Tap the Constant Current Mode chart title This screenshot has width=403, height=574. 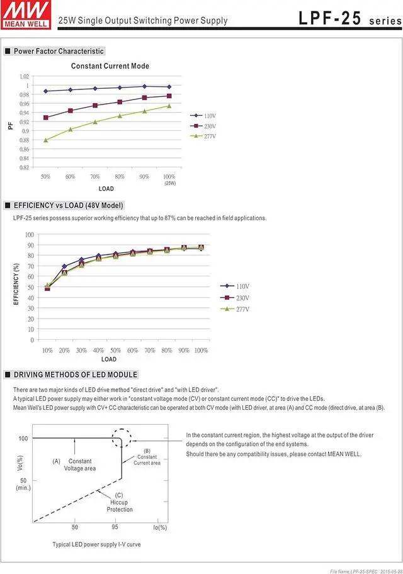pos(110,66)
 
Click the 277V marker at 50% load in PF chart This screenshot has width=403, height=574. pos(45,140)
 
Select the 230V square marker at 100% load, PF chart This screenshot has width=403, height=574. pos(169,96)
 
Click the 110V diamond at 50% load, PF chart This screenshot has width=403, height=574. pos(45,91)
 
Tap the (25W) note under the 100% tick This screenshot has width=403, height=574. pos(169,183)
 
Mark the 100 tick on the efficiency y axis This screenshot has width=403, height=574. pos(30,235)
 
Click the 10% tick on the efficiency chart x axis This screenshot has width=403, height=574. pos(47,350)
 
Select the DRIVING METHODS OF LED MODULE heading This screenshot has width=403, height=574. pos(75,374)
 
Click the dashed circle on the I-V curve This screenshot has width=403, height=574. pos(122,438)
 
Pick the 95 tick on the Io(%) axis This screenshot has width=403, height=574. pos(115,527)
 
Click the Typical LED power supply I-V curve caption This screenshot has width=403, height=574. pos(96,544)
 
